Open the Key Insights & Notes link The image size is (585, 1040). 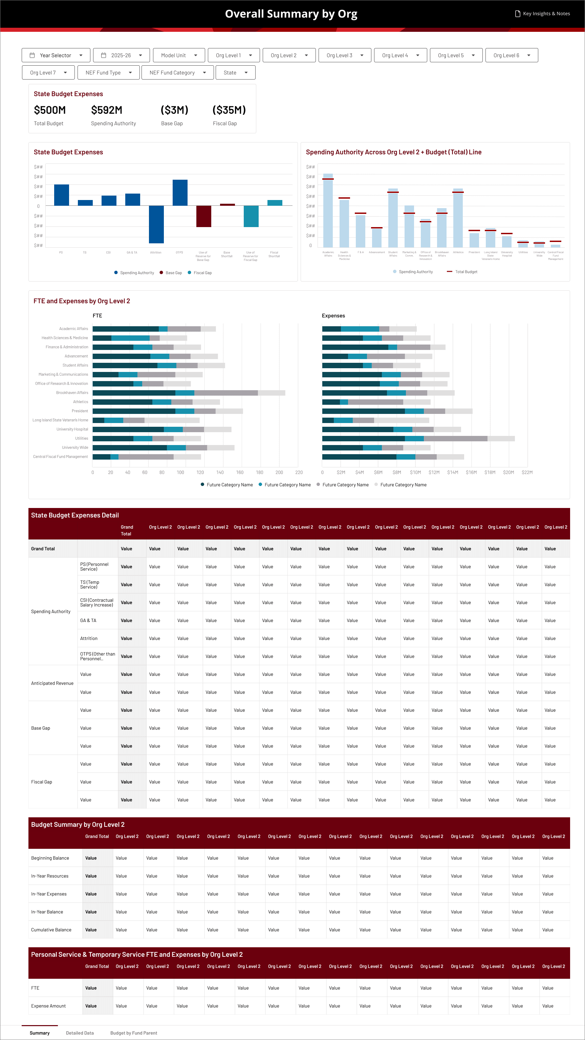point(543,14)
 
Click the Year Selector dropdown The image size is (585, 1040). point(56,55)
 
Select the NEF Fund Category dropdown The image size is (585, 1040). point(177,73)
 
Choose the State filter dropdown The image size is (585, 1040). point(235,73)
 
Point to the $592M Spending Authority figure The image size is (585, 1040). point(107,110)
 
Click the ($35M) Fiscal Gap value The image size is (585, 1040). point(229,110)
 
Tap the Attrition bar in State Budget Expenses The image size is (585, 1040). point(156,224)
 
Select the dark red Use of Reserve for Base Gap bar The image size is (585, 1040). point(203,216)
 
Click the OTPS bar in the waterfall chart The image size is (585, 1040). point(180,193)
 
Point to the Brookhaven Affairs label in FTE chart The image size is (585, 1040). point(72,393)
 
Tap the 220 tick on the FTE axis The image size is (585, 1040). point(299,472)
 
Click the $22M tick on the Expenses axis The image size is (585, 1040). point(527,472)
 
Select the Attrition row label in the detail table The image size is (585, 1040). point(89,638)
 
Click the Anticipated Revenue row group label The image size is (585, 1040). point(52,683)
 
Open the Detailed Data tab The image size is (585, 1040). point(80,1033)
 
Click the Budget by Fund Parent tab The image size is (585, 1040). point(134,1033)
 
